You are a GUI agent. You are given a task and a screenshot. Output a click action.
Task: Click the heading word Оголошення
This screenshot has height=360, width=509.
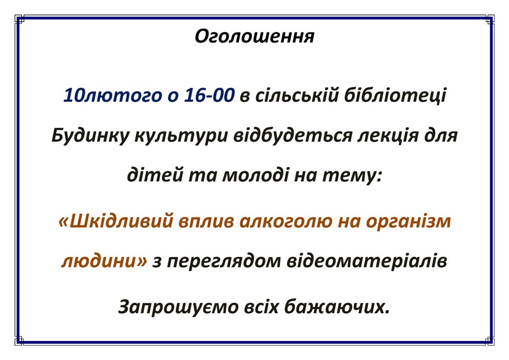tap(254, 36)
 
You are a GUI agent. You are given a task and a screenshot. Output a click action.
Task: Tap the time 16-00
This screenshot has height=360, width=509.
tap(209, 95)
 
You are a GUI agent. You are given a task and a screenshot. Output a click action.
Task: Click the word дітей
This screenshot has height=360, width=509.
tap(154, 175)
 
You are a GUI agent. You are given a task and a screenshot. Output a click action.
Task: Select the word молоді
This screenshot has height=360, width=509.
tap(256, 175)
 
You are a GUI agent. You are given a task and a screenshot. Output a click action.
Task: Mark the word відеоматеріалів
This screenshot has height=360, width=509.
tap(367, 261)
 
